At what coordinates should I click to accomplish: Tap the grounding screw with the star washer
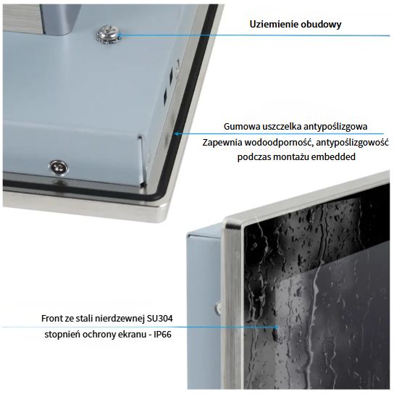109,34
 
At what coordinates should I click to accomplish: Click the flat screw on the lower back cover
59,167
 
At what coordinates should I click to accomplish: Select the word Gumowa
242,127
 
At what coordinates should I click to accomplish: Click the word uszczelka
282,127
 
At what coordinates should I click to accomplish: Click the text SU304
160,319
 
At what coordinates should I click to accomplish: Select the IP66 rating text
162,335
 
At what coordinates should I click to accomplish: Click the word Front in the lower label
50,319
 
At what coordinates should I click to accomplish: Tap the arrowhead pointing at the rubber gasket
177,134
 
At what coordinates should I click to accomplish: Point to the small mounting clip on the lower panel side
218,307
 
